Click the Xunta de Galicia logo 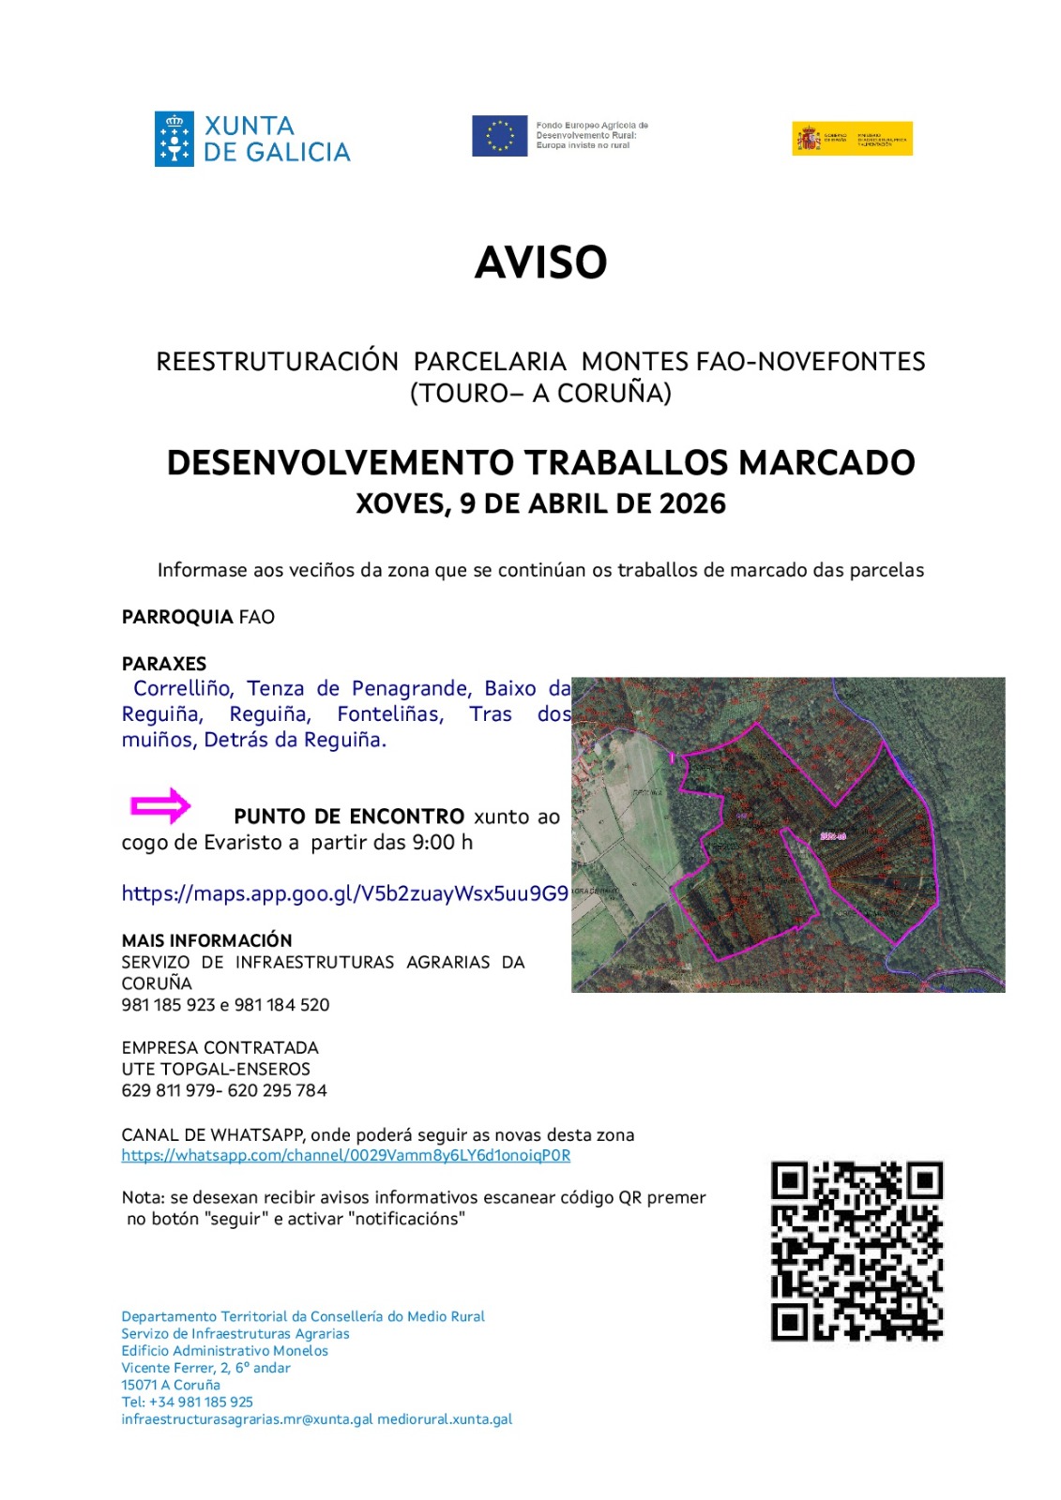coord(251,139)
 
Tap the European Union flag coord(499,136)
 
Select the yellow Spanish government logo coord(851,139)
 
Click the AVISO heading coord(540,262)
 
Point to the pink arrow coord(160,805)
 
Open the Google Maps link coord(344,893)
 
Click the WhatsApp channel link coord(345,1155)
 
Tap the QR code coord(856,1251)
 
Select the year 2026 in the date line coord(692,504)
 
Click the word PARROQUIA coord(177,617)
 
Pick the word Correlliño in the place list coord(184,688)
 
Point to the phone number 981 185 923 coord(168,1005)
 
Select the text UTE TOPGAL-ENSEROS coord(216,1069)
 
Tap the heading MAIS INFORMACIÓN coord(206,940)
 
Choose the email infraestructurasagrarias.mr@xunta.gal coord(247,1419)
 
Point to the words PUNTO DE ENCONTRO coord(349,817)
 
